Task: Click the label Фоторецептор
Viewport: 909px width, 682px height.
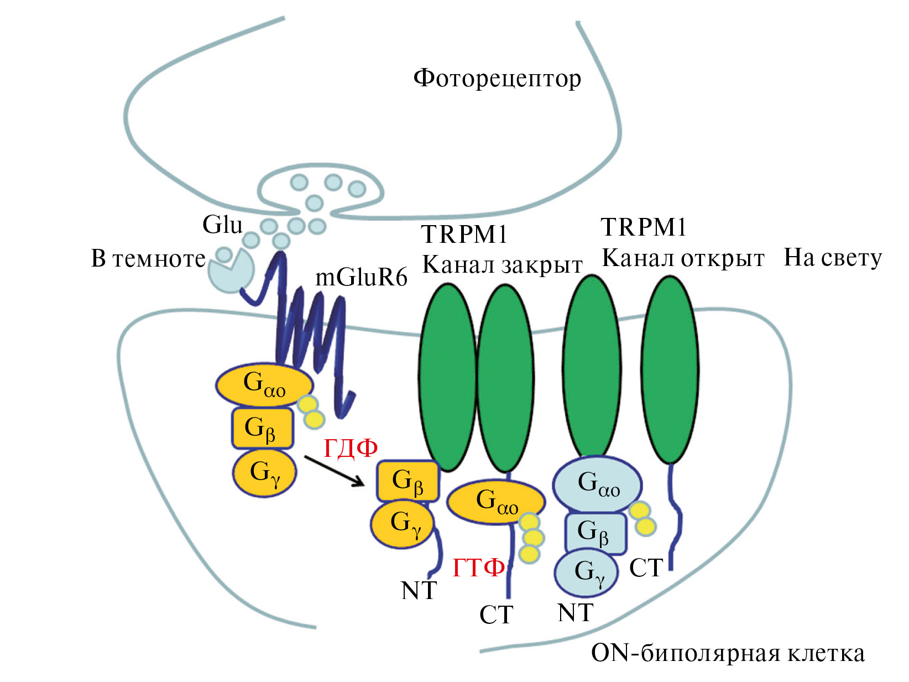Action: [497, 78]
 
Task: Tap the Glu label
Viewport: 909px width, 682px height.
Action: [222, 225]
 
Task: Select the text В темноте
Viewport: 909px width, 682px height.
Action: [148, 258]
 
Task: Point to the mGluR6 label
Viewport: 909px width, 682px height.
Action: [361, 277]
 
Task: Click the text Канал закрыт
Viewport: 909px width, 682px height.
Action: [502, 265]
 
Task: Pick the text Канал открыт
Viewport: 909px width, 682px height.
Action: [683, 258]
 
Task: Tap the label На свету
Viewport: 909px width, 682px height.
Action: [833, 258]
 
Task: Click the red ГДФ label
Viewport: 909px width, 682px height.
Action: [351, 448]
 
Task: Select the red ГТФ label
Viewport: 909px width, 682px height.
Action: [479, 568]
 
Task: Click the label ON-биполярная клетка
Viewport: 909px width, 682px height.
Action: [728, 653]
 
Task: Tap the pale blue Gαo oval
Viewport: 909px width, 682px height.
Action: [598, 484]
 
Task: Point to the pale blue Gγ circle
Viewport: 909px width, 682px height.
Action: [587, 572]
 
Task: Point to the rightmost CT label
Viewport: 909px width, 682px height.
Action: [646, 568]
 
